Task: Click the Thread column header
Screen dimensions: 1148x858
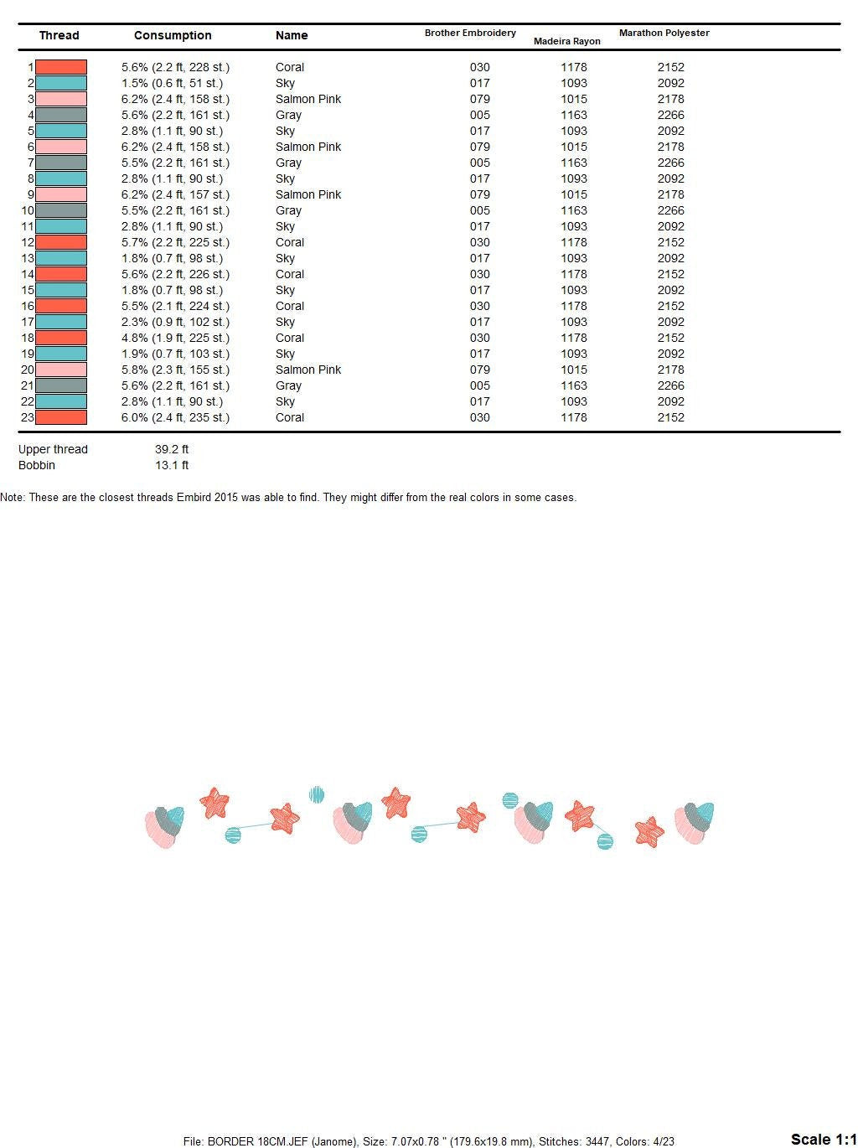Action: (x=59, y=35)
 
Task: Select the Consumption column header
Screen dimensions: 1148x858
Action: (x=173, y=35)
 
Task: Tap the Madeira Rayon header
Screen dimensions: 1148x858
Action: (x=566, y=41)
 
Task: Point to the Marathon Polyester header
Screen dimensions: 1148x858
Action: (x=664, y=33)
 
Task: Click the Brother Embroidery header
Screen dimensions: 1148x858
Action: (x=470, y=33)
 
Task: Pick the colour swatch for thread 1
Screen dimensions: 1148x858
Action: (x=61, y=67)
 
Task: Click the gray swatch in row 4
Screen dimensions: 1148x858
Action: (x=61, y=115)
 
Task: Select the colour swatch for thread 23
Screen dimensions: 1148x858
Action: (x=61, y=417)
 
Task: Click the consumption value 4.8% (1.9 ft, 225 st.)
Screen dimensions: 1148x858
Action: (x=175, y=338)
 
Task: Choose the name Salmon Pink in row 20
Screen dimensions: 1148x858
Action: (x=308, y=370)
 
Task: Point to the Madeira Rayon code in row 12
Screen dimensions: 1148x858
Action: (x=574, y=242)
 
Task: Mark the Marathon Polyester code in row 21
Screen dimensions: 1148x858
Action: (x=670, y=385)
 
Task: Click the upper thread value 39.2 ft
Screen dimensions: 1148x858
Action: (x=172, y=449)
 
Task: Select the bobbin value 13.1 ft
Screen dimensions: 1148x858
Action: (x=172, y=465)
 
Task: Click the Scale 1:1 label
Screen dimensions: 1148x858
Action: (x=823, y=1139)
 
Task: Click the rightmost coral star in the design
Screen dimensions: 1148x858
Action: (x=649, y=832)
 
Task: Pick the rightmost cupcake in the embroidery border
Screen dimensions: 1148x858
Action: (x=695, y=822)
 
